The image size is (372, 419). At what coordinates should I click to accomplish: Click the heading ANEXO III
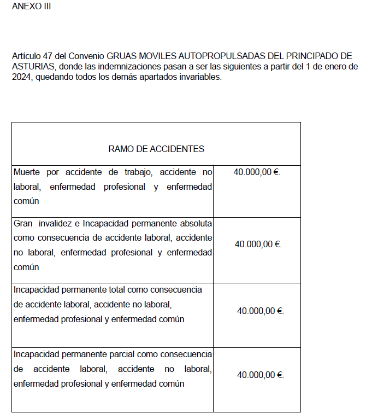[x=31, y=7]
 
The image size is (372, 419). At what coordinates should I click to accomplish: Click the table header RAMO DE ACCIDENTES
[x=156, y=149]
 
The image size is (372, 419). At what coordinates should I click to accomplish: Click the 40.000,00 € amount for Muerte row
[x=256, y=172]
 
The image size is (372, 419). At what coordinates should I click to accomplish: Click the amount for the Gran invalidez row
[x=258, y=245]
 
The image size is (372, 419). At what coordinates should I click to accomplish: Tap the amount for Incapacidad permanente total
[x=260, y=311]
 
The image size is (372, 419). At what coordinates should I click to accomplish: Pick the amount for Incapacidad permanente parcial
[x=260, y=375]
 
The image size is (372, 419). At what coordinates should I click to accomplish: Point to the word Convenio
[x=87, y=56]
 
